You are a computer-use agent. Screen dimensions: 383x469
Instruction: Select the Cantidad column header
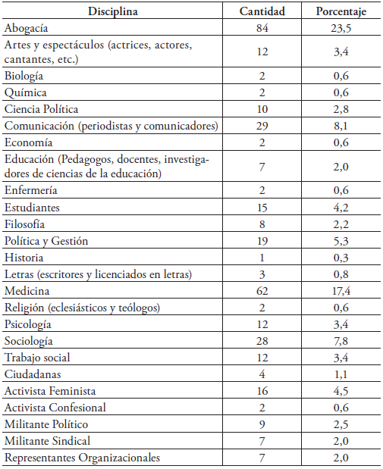[x=262, y=11]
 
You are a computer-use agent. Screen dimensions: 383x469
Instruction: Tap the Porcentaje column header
[x=341, y=11]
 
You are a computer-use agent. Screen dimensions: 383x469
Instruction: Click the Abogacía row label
[x=26, y=28]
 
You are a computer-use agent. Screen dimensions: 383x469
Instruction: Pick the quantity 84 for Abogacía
[x=262, y=28]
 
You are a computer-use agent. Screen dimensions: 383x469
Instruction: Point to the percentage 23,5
[x=341, y=28]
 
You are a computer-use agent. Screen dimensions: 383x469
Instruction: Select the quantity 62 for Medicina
[x=262, y=290]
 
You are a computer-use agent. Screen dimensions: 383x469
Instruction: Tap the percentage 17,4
[x=341, y=290]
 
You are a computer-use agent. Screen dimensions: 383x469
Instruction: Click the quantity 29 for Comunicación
[x=262, y=125]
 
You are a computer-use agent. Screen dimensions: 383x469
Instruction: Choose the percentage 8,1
[x=341, y=125]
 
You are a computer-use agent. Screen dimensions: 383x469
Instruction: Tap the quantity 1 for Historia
[x=262, y=258]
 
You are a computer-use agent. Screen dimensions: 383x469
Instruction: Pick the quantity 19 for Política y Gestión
[x=262, y=241]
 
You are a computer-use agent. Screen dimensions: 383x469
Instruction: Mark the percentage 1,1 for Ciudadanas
[x=341, y=374]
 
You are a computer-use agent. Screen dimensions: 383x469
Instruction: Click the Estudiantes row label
[x=32, y=208]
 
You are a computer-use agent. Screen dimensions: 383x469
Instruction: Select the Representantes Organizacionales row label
[x=82, y=458]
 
